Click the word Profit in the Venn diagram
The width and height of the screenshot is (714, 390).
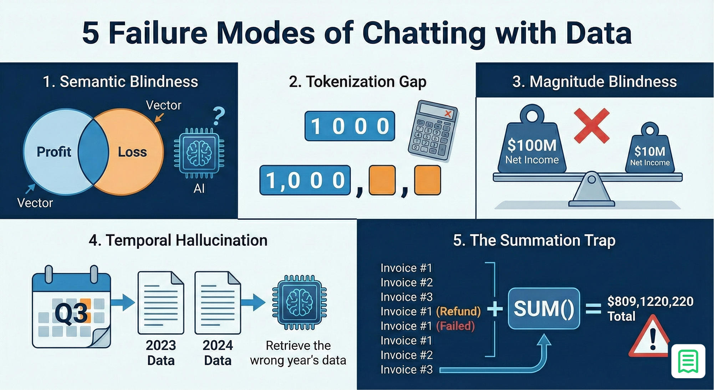54,152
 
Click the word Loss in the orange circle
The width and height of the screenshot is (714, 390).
132,152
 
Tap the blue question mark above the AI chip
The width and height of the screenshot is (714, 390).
219,116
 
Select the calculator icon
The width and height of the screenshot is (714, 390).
433,131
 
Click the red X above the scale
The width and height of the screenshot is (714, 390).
592,126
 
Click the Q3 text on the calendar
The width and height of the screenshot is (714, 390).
71,314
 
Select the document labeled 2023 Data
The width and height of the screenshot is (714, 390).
161,302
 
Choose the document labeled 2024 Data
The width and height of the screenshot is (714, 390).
218,302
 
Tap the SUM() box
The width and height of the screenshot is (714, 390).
544,309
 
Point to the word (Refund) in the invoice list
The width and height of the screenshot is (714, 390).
459,311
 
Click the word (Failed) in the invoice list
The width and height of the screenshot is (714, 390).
455,326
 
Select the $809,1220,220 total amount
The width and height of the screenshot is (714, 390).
650,302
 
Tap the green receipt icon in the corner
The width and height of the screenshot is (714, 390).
688,361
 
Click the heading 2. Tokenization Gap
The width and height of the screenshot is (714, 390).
357,82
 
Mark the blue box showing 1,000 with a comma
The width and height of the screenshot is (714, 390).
305,180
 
